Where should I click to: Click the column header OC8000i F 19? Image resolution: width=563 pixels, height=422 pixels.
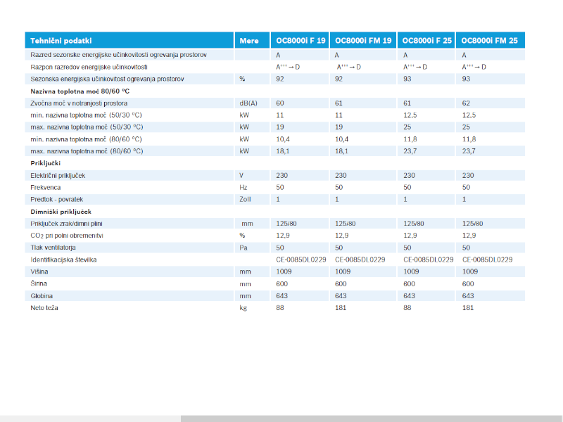(301, 41)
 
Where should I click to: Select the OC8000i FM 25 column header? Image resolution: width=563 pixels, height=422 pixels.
(489, 41)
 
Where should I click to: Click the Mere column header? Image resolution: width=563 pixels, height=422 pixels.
(249, 41)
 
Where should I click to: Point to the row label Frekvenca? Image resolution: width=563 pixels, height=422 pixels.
(46, 187)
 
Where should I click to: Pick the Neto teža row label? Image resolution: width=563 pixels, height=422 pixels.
(44, 308)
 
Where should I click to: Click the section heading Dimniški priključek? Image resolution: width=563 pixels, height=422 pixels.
(61, 211)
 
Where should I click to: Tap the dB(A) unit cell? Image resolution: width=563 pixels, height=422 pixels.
(248, 103)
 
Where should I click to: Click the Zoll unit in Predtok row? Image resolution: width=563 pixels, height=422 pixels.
(245, 199)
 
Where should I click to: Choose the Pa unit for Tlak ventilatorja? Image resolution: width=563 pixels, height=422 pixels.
(243, 248)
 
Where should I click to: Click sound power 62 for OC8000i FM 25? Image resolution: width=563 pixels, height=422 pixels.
(466, 103)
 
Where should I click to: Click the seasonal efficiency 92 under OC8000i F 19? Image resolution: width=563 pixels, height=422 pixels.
(280, 79)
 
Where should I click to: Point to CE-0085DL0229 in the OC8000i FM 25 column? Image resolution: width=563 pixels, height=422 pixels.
(487, 260)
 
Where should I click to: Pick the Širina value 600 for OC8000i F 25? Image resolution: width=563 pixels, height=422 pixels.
(410, 283)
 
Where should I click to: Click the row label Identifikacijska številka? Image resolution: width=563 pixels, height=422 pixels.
(64, 260)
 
